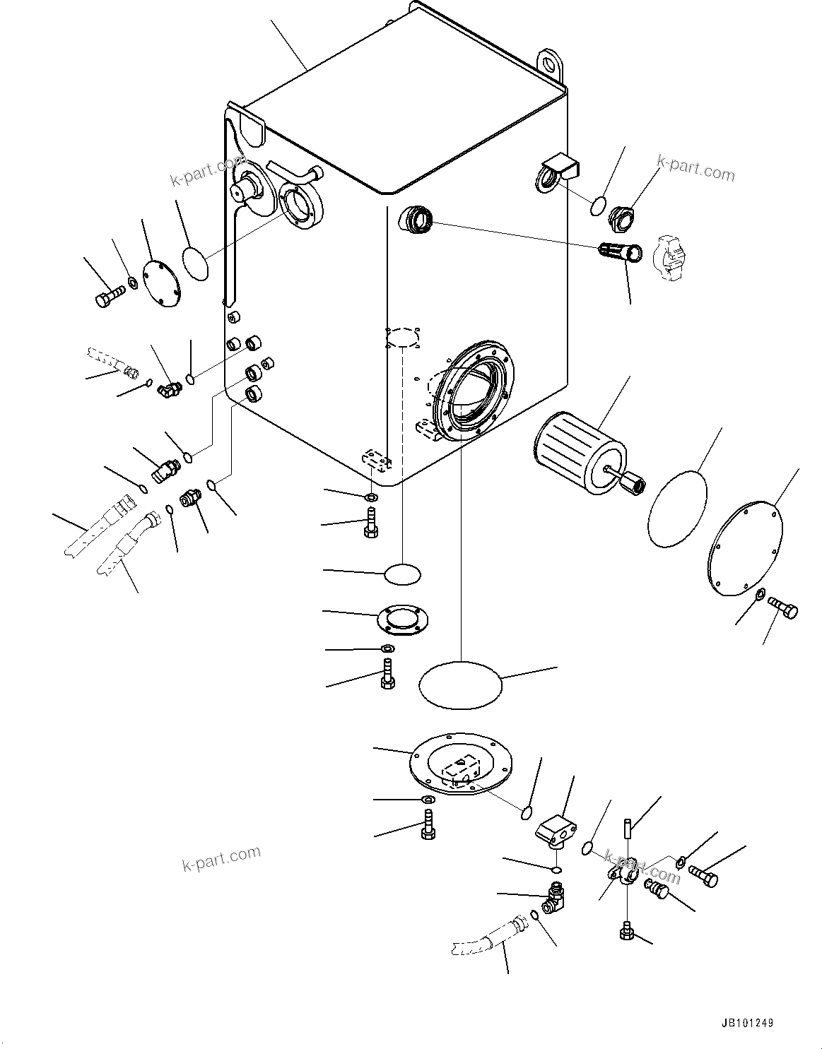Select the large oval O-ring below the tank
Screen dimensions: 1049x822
pos(460,684)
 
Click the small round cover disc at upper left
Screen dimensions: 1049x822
pos(161,284)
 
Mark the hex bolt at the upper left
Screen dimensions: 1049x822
pos(108,297)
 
